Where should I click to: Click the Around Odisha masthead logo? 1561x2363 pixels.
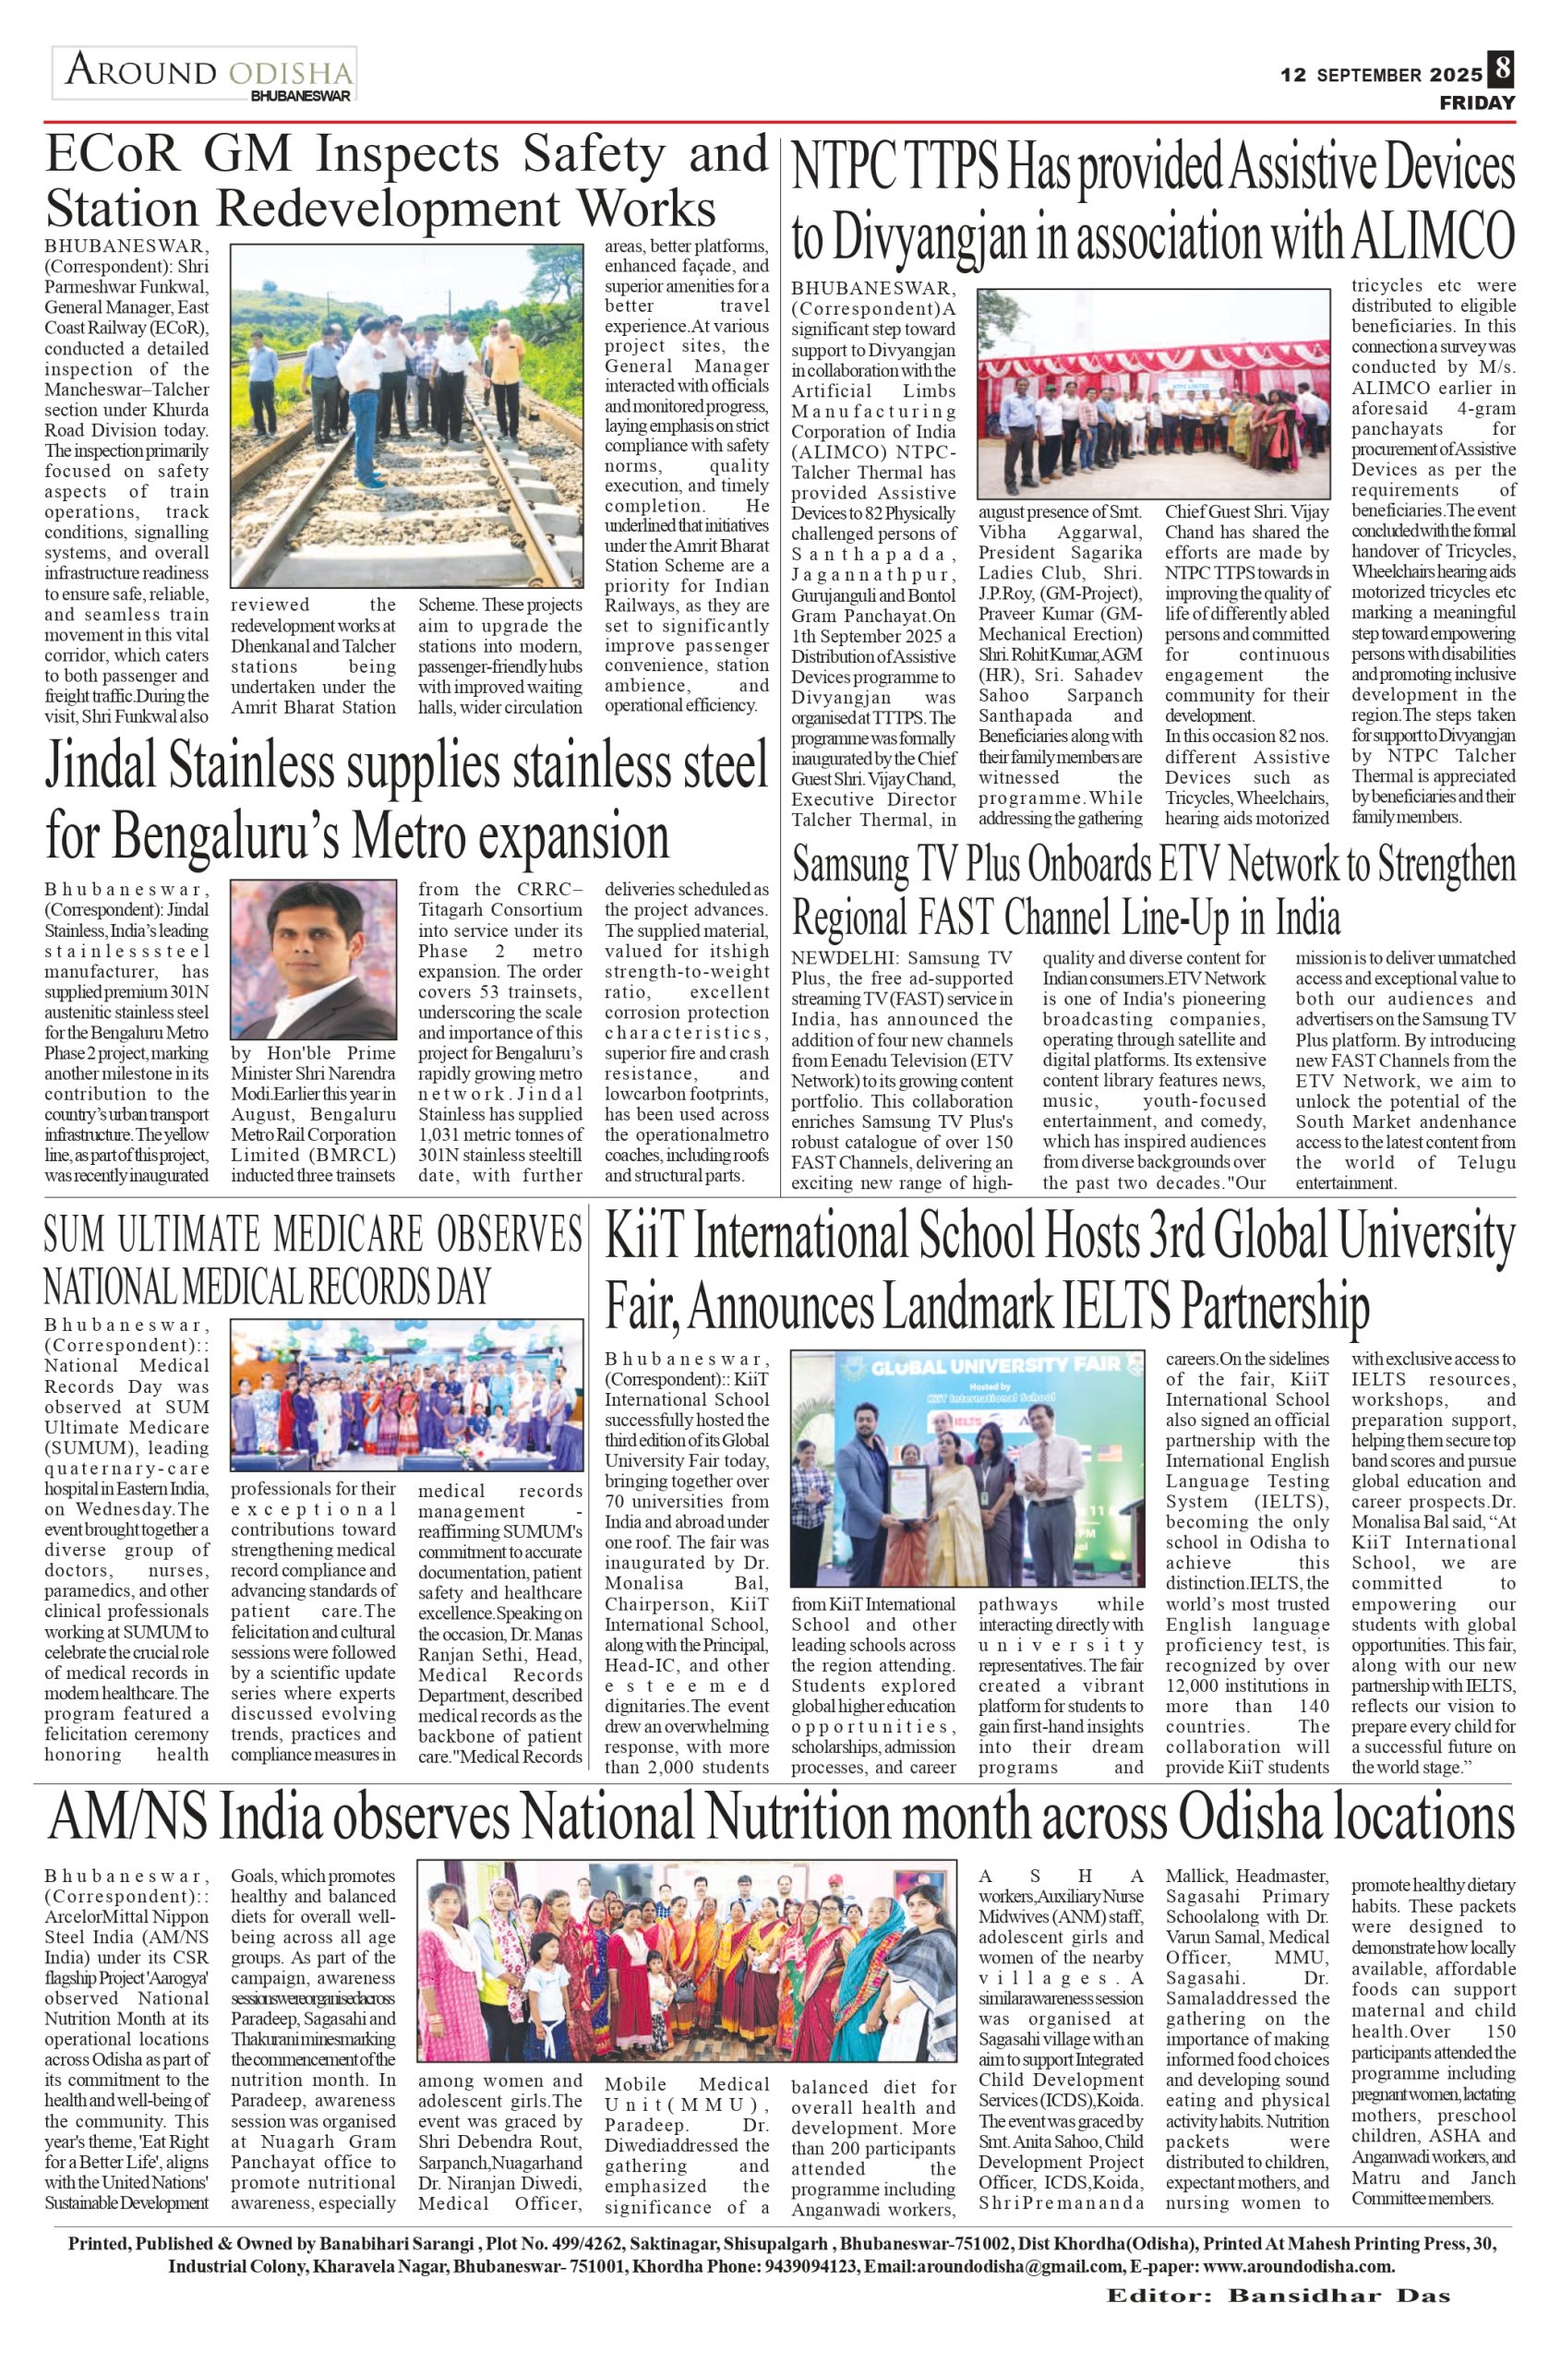(x=205, y=76)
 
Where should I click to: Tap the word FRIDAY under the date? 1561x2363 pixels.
(x=1476, y=103)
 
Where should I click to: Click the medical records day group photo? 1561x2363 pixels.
(x=407, y=1395)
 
